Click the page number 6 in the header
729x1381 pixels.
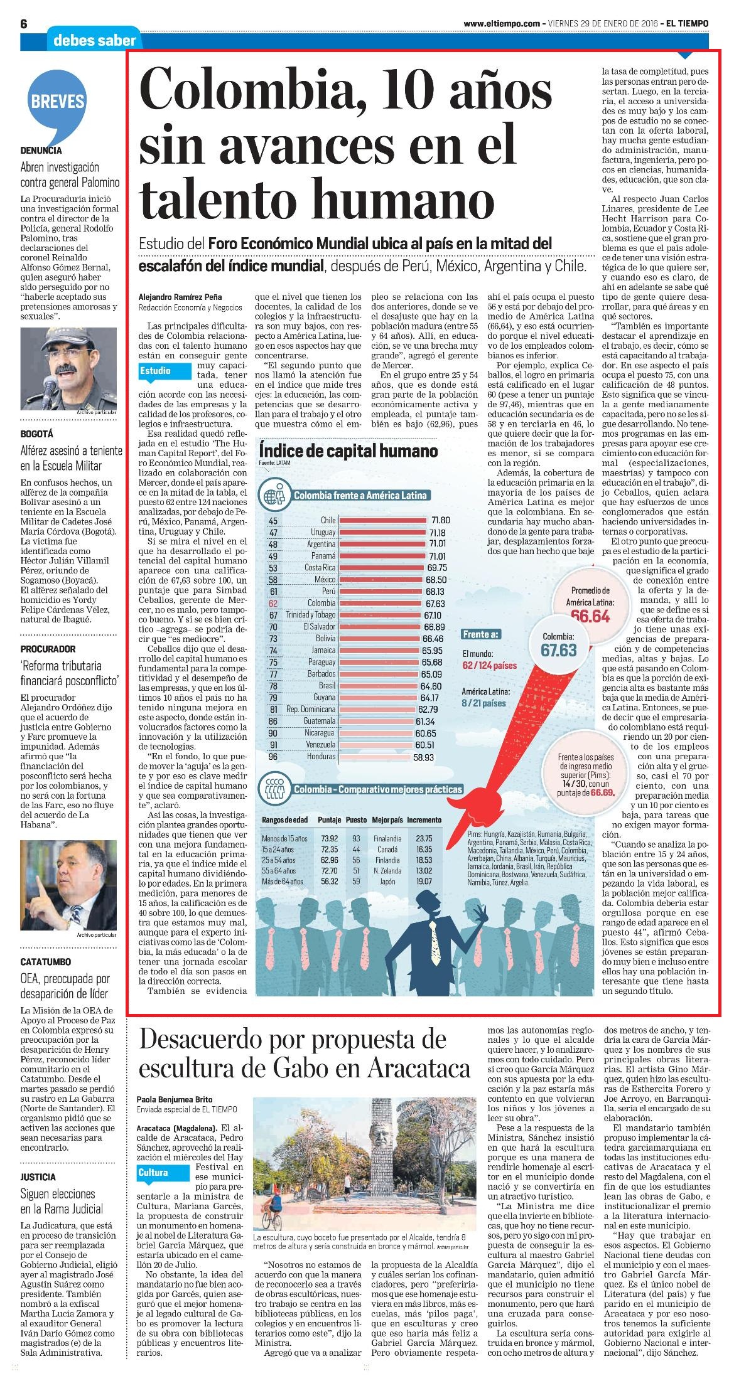tap(24, 24)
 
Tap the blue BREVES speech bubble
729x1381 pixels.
tap(57, 104)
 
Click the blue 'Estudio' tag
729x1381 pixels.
tap(163, 371)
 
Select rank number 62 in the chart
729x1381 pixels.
tap(273, 603)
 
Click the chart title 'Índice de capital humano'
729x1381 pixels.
tap(348, 451)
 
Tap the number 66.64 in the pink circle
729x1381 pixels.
tap(590, 616)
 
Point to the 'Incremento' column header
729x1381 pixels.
tap(424, 819)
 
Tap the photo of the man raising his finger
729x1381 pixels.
tap(69, 886)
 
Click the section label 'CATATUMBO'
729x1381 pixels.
tap(45, 962)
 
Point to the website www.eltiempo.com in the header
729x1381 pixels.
tap(502, 23)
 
